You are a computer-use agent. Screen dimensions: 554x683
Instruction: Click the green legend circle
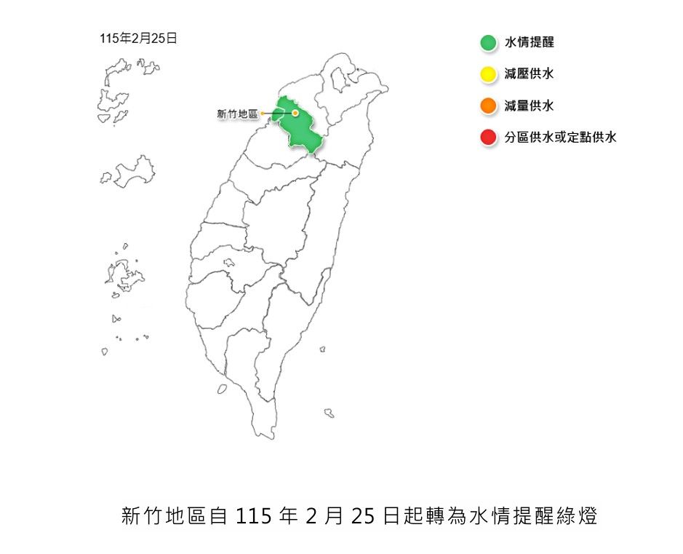(x=488, y=43)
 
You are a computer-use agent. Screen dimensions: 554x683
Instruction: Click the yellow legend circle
(x=488, y=74)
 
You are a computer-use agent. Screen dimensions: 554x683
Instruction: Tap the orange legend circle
(x=488, y=106)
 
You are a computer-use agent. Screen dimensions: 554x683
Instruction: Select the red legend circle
(x=488, y=137)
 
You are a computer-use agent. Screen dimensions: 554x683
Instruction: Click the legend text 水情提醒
(x=530, y=43)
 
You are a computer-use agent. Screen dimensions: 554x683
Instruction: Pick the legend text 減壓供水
(x=530, y=74)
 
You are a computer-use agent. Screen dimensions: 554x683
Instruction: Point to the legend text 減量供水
(x=530, y=106)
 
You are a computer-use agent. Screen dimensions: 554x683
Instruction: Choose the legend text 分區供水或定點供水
(x=561, y=137)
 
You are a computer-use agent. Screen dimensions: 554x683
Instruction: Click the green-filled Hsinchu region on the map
(x=302, y=131)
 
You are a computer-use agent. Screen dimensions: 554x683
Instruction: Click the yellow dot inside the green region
(x=295, y=113)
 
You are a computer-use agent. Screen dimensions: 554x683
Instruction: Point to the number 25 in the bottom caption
(x=362, y=517)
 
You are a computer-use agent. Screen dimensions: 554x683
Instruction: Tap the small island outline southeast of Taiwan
(x=329, y=413)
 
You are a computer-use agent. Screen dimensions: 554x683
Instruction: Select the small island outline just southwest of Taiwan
(x=222, y=389)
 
